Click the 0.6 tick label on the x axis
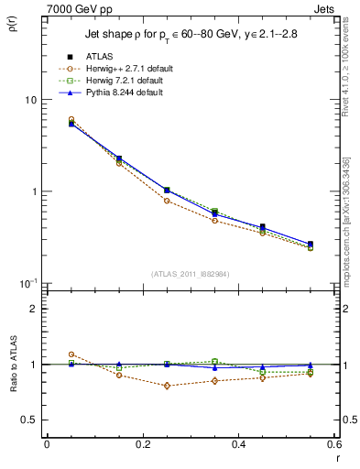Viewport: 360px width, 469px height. coord(333,444)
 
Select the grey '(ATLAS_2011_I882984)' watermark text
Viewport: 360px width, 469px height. coord(190,274)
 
